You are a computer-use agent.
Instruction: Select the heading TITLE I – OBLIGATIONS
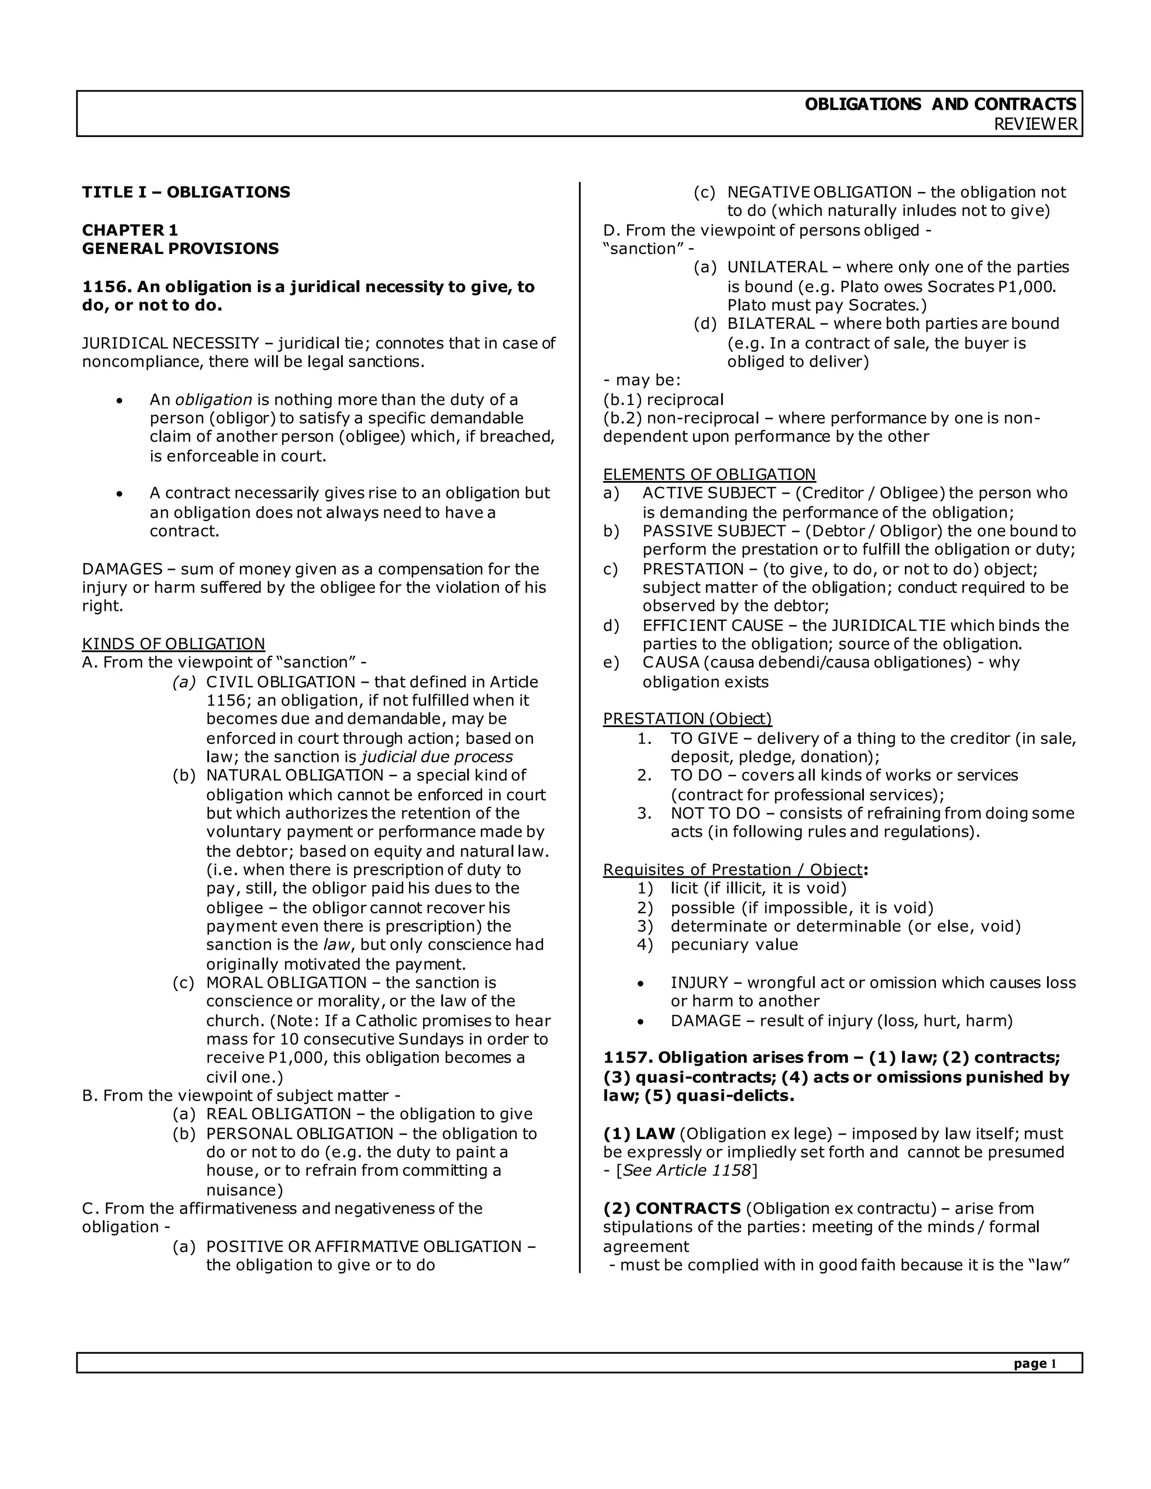(x=186, y=192)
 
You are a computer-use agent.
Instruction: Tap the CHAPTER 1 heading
(x=130, y=230)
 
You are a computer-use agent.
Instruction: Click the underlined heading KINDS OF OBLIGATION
(x=173, y=643)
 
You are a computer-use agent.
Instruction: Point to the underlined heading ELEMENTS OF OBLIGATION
(x=709, y=475)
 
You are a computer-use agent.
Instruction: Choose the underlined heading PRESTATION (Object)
(x=687, y=719)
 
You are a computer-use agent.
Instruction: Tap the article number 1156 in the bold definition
(x=106, y=287)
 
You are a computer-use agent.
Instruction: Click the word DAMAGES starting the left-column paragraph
(x=122, y=569)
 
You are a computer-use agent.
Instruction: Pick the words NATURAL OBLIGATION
(x=294, y=775)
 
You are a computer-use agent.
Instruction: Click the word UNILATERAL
(x=777, y=267)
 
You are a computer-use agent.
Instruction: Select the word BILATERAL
(x=771, y=324)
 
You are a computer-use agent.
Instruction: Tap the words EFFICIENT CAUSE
(x=713, y=625)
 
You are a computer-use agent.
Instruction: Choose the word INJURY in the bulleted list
(x=699, y=982)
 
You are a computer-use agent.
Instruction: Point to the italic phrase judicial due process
(x=436, y=757)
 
